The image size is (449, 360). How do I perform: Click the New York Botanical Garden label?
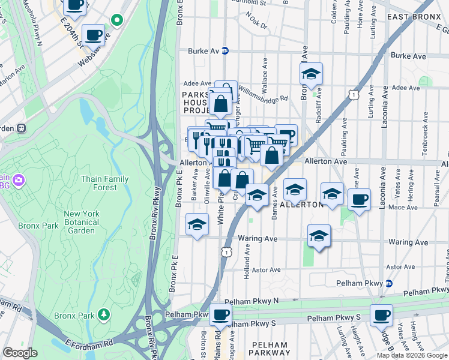click(x=80, y=222)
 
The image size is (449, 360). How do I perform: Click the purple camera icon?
click(x=19, y=179)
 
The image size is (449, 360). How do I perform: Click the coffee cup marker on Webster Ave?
click(x=93, y=35)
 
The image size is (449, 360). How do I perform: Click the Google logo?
click(x=20, y=353)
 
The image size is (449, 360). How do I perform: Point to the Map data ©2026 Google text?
click(x=412, y=355)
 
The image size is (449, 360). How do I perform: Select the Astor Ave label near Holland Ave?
click(x=267, y=270)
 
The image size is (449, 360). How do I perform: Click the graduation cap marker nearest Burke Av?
click(x=311, y=73)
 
